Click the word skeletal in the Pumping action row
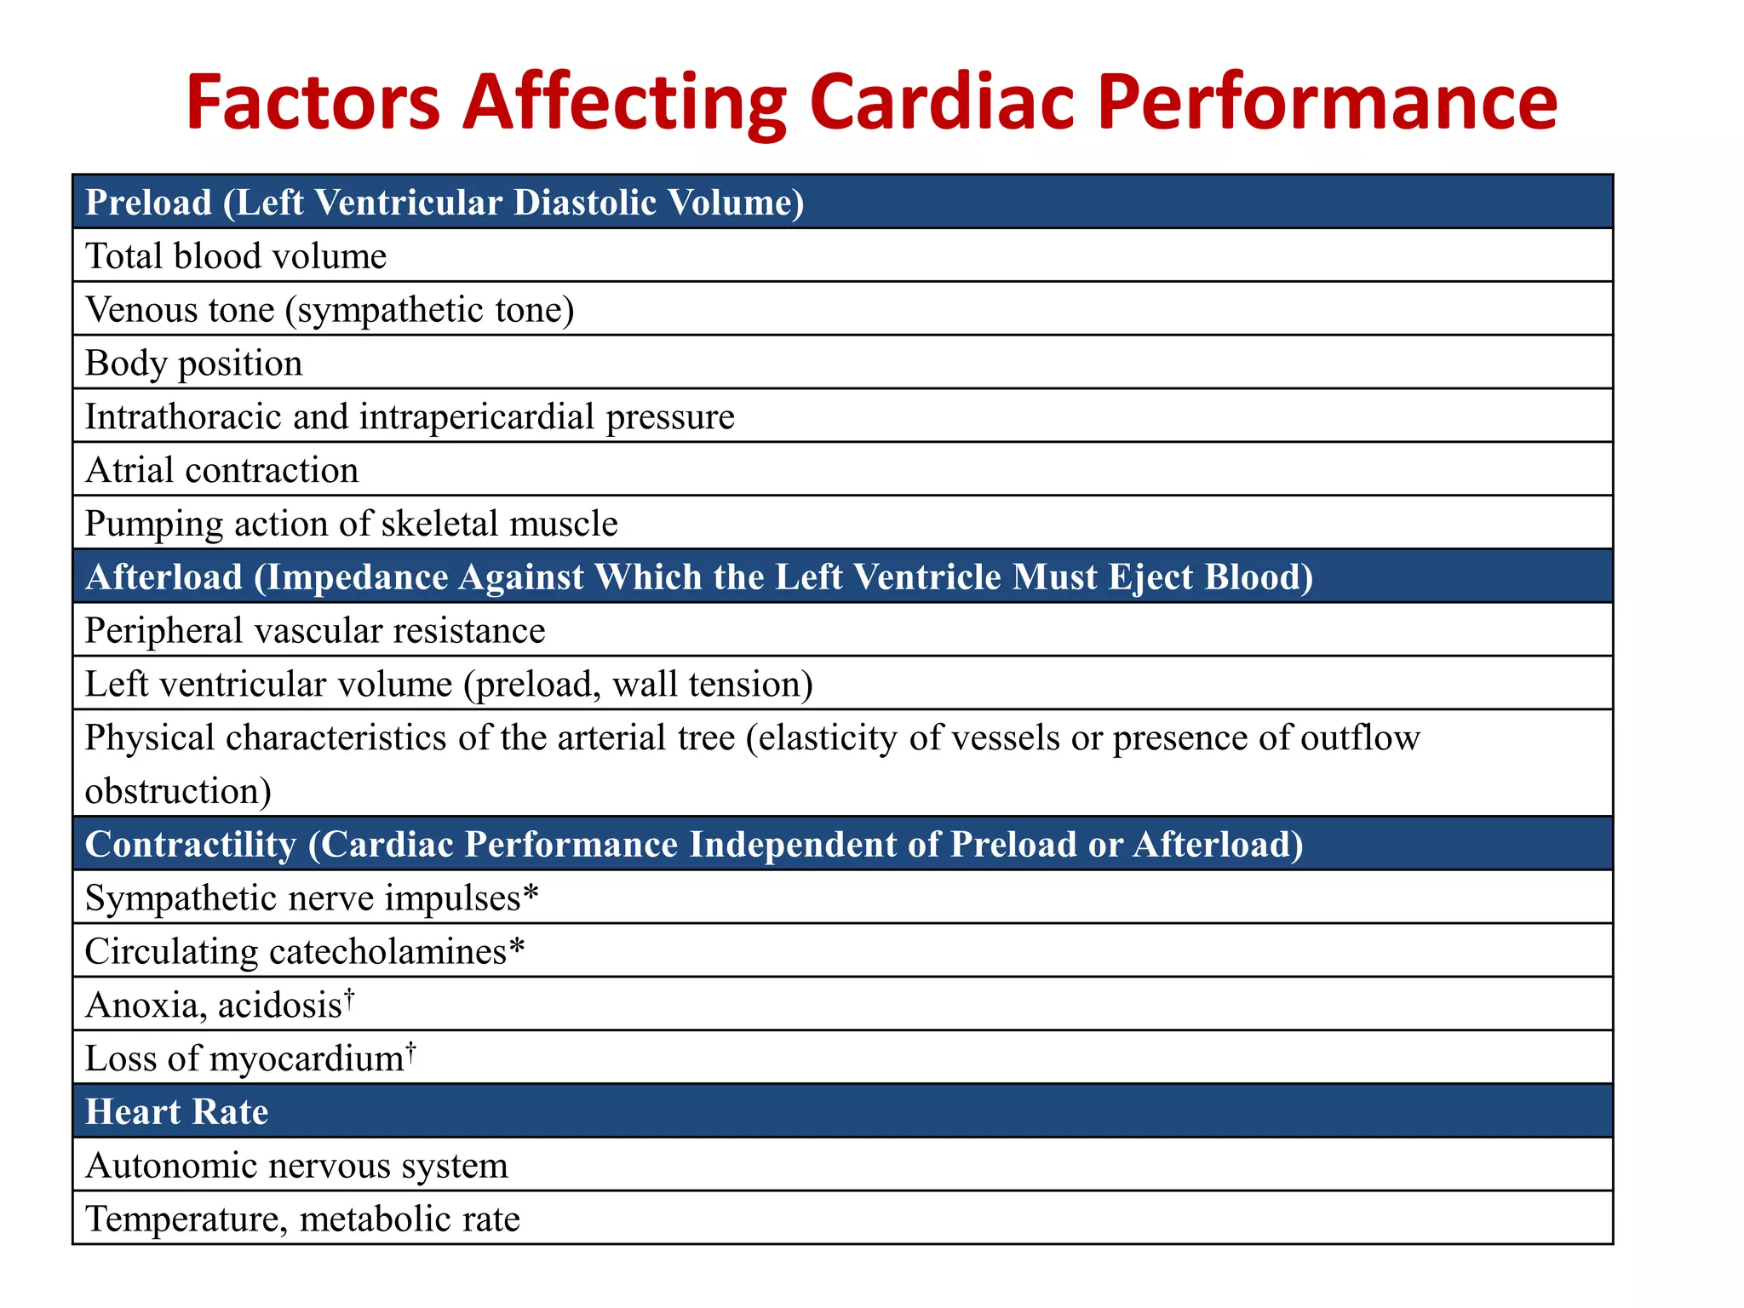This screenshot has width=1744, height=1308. (440, 524)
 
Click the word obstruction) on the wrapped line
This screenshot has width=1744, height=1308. (178, 791)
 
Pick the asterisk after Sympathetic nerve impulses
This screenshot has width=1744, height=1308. (531, 895)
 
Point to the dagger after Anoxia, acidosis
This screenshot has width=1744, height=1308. (348, 1000)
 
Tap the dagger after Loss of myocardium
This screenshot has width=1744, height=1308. (410, 1053)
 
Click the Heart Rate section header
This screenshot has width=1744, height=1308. (177, 1112)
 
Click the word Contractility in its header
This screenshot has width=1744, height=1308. (191, 845)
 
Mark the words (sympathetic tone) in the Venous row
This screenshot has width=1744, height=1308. (429, 310)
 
